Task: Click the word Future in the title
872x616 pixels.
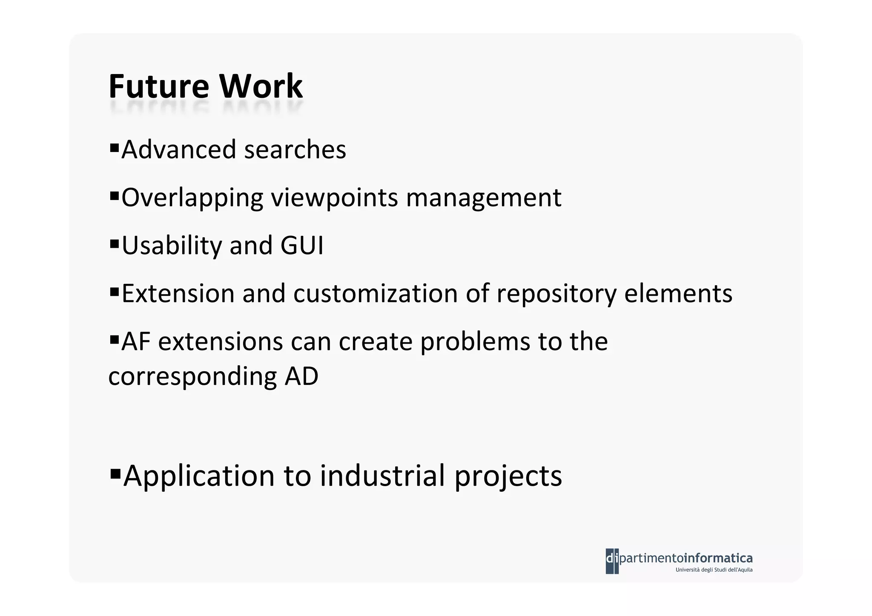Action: (x=159, y=86)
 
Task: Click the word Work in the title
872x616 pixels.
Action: (x=261, y=86)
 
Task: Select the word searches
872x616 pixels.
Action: (x=295, y=149)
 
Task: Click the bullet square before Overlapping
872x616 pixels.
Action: (x=114, y=196)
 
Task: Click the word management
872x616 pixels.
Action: (x=484, y=198)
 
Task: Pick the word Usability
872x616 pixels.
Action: (x=172, y=246)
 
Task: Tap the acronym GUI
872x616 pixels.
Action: (x=302, y=246)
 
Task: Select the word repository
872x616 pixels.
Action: (x=556, y=294)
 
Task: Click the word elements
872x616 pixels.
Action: (x=678, y=293)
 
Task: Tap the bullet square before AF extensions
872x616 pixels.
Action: (x=114, y=340)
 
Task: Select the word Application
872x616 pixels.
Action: (x=199, y=476)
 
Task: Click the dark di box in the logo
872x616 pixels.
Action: (x=612, y=561)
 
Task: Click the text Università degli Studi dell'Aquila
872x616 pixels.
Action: (x=714, y=570)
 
